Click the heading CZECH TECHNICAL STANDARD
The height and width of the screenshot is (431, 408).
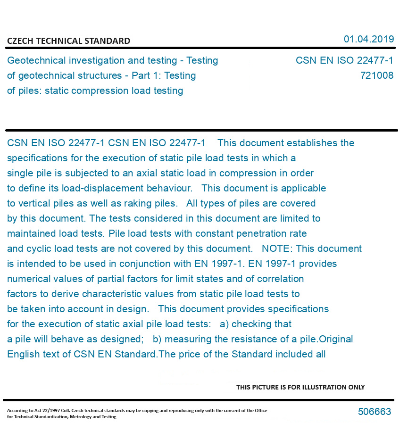point(68,41)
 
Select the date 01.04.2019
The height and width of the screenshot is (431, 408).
point(368,39)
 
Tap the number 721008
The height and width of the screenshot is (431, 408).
point(376,75)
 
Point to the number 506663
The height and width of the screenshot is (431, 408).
point(375,412)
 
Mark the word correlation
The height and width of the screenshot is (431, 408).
point(280,279)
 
